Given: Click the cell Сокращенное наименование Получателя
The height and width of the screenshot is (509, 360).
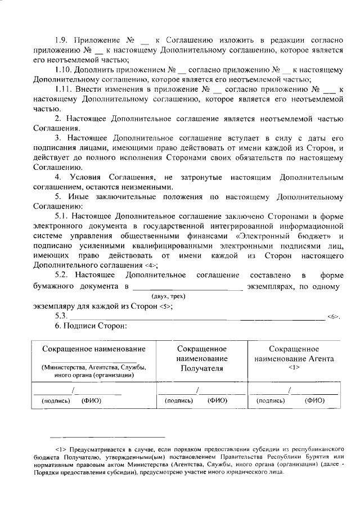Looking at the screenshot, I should [201, 359].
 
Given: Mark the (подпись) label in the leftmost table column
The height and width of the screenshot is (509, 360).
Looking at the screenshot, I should [56, 401].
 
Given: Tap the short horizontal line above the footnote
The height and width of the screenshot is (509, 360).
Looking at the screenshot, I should [107, 436].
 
